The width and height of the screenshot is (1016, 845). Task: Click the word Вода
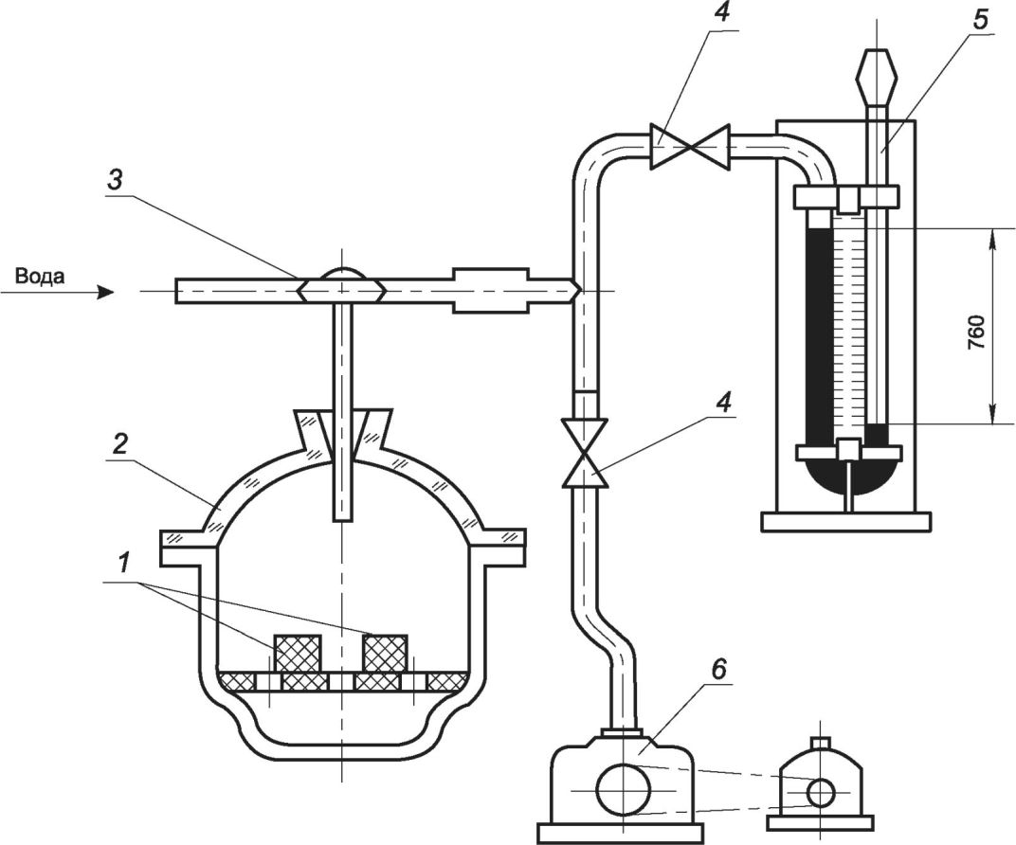(40, 277)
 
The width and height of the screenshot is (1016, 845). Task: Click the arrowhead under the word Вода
(105, 293)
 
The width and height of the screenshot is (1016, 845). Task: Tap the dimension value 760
(976, 333)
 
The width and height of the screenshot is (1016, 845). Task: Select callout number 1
(124, 564)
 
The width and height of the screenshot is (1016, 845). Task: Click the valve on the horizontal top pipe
(690, 148)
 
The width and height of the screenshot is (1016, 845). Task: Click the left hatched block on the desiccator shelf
(298, 653)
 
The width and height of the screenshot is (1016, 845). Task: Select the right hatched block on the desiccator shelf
(386, 652)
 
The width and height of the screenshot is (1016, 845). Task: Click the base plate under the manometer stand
(846, 522)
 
